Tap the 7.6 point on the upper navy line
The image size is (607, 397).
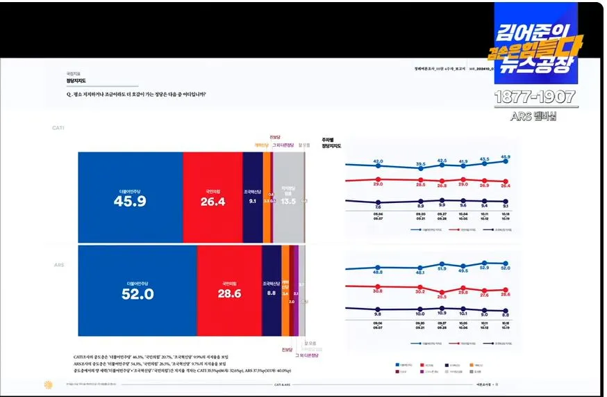tap(378, 202)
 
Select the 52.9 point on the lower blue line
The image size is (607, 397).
tap(484, 264)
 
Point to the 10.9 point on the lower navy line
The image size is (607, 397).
tap(442, 310)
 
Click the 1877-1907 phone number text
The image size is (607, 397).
tap(535, 97)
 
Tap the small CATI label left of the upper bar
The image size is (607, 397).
tap(58, 128)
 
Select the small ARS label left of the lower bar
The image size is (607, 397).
tap(59, 265)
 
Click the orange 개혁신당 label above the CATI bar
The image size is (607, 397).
tap(261, 145)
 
